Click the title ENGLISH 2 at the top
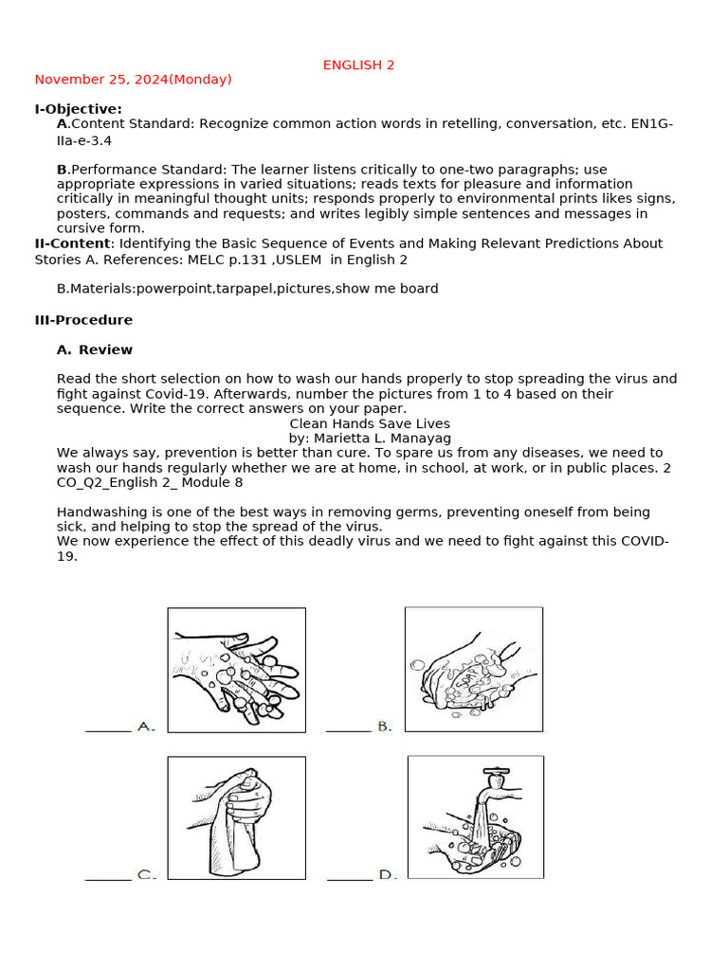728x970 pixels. tap(358, 65)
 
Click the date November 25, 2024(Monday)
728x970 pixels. tap(133, 80)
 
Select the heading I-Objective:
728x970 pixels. tap(79, 109)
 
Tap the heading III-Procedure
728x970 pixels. tap(83, 320)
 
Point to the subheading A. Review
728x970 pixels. tap(95, 350)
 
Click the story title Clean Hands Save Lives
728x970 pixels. tap(370, 423)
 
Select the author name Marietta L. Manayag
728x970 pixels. tap(383, 439)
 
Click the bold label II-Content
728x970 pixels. tap(72, 243)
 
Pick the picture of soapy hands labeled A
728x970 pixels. tap(236, 670)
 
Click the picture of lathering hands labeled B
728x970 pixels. tap(473, 669)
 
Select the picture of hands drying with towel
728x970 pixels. tap(236, 817)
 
